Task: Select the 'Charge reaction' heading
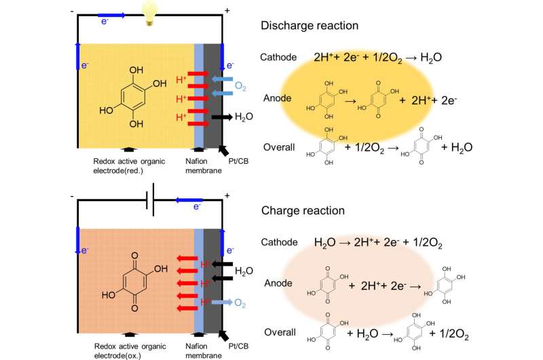(x=307, y=211)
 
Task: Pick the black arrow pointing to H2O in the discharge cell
(x=221, y=118)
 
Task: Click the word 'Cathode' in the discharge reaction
(x=279, y=57)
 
